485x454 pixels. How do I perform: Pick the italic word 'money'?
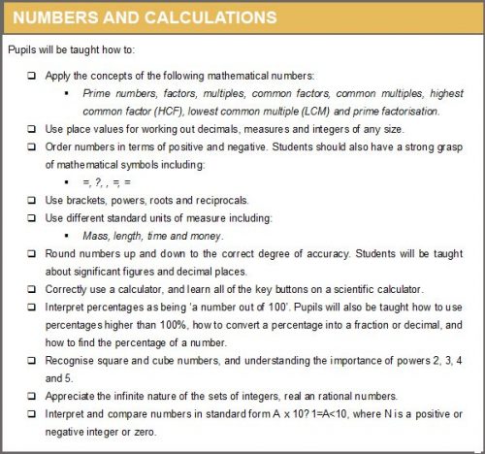(204, 236)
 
